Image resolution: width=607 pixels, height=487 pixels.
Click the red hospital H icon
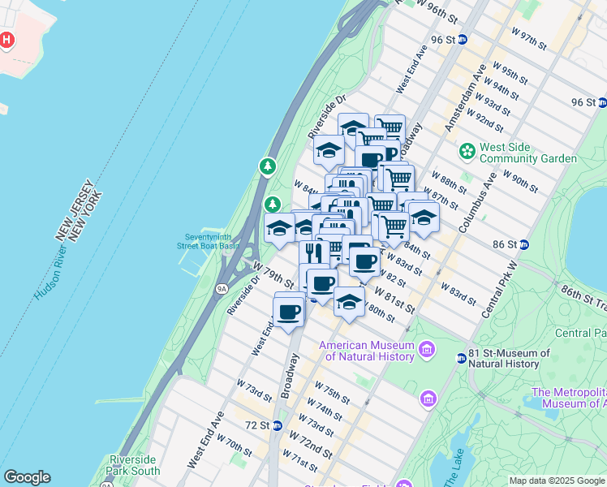pyautogui.click(x=7, y=39)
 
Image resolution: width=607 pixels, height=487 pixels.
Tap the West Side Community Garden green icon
pyautogui.click(x=467, y=151)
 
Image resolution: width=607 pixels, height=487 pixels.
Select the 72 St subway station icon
pyautogui.click(x=278, y=425)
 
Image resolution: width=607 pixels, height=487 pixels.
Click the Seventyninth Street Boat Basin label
pyautogui.click(x=209, y=240)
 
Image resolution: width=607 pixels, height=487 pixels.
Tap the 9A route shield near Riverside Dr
pyautogui.click(x=221, y=287)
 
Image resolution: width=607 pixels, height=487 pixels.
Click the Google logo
pyautogui.click(x=27, y=477)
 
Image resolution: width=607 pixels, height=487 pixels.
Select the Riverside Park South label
pyautogui.click(x=134, y=465)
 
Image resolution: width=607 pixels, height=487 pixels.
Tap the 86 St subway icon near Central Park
pyautogui.click(x=524, y=243)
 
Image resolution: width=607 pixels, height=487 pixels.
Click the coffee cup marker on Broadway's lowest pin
pyautogui.click(x=289, y=310)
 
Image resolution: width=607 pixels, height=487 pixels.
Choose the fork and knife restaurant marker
pyautogui.click(x=313, y=252)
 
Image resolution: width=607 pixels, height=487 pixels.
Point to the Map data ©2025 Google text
pyautogui.click(x=557, y=481)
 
